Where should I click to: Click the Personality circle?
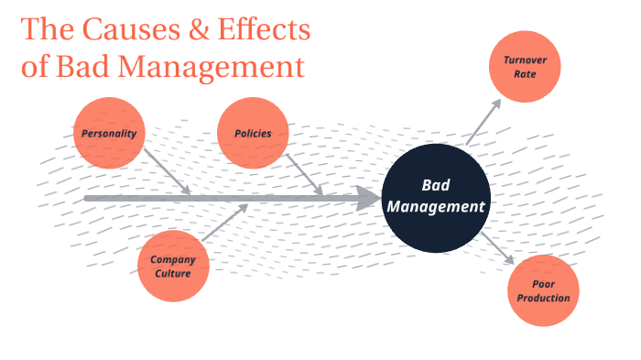tap(109, 134)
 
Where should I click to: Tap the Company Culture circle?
tap(172, 267)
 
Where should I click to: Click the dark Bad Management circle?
tap(435, 197)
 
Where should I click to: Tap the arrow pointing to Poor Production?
tap(500, 247)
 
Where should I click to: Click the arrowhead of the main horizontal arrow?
tap(368, 198)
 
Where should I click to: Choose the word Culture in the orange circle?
tap(172, 273)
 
